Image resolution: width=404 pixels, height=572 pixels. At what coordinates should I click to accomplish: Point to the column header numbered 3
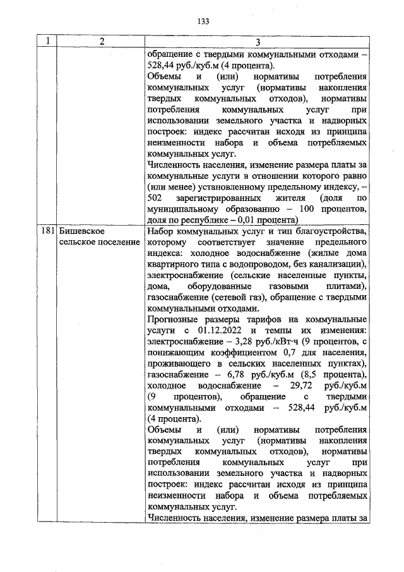[x=257, y=42]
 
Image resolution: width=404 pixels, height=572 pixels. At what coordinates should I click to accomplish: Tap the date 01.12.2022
[x=222, y=331]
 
